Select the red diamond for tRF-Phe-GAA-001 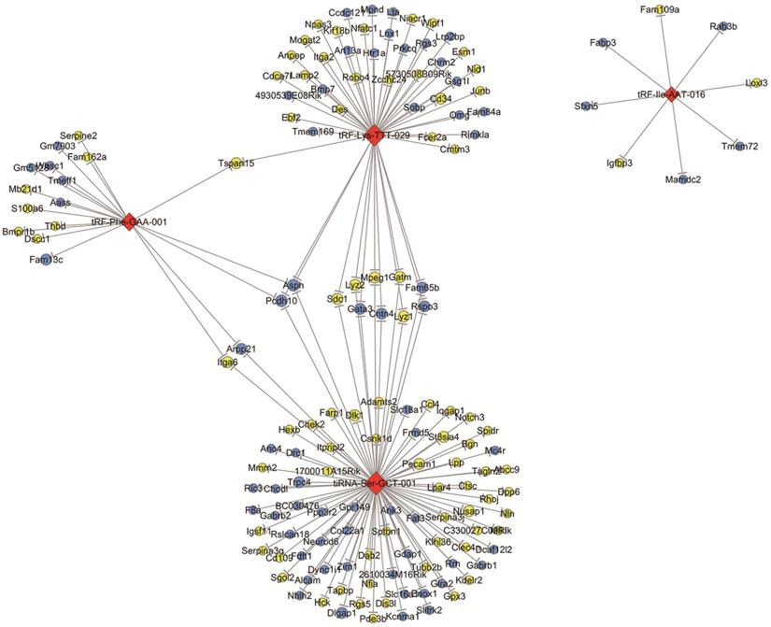tap(129, 221)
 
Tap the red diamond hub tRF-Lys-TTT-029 tap(375, 135)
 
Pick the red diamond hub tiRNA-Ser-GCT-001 tap(372, 479)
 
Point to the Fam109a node tap(661, 10)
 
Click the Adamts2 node tap(380, 402)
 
